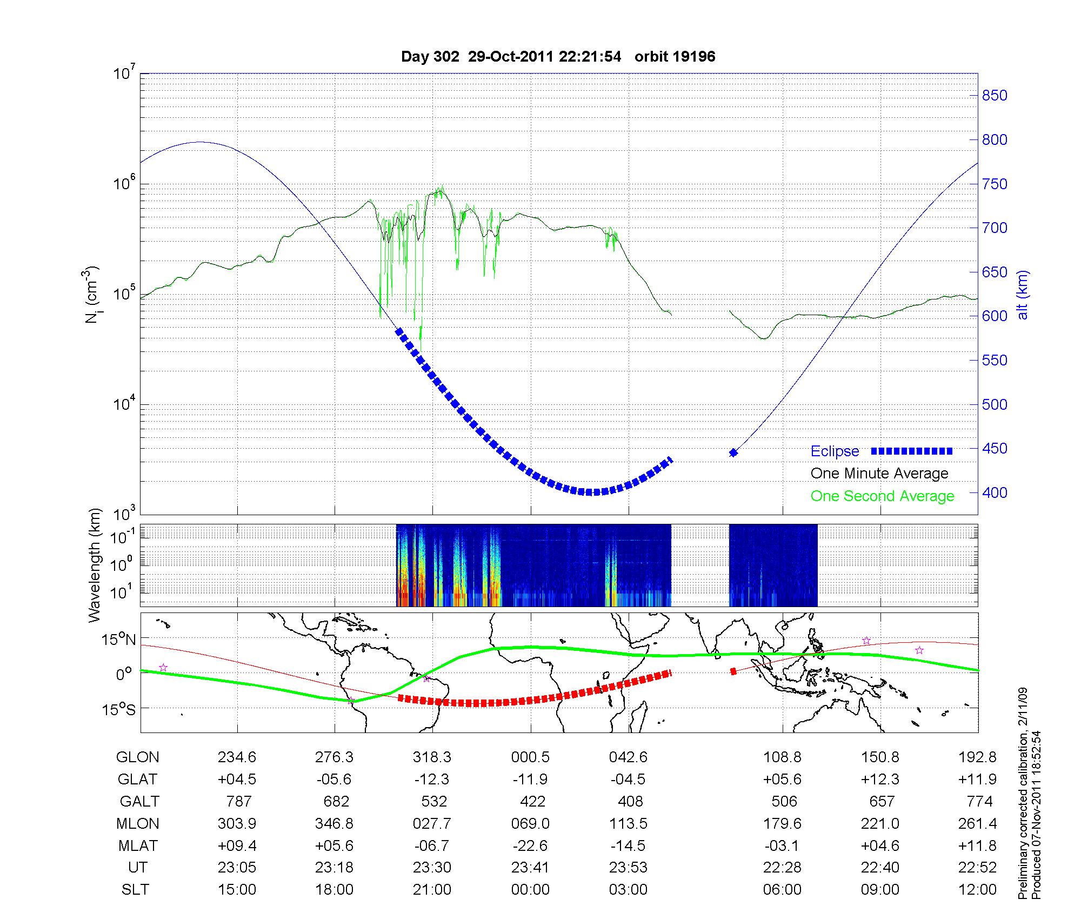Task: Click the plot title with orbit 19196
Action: (558, 57)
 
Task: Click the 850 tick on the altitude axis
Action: (995, 96)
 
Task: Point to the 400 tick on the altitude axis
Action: (995, 493)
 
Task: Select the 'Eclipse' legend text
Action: (835, 451)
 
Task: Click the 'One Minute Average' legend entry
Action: (879, 474)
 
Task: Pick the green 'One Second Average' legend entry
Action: (882, 496)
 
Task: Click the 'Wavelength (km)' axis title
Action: (95, 565)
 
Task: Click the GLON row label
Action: (138, 757)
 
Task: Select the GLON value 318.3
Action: (432, 757)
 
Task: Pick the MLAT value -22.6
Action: (530, 845)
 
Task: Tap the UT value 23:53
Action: (628, 868)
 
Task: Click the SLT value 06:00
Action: (782, 890)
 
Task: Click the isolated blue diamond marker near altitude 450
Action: (733, 452)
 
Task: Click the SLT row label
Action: (135, 890)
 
